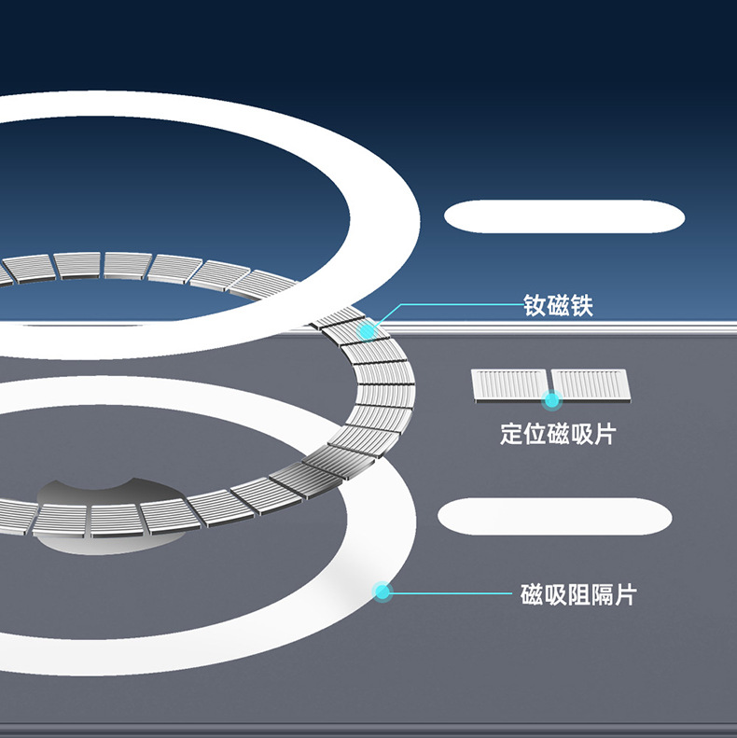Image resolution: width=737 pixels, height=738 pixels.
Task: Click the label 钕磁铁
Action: click(x=558, y=305)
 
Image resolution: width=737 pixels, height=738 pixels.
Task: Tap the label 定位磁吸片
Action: click(x=558, y=434)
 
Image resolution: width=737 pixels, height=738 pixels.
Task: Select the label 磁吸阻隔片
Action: click(x=578, y=594)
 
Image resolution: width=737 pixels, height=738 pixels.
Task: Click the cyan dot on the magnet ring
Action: click(x=367, y=331)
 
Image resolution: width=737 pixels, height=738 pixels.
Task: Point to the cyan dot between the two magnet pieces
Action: click(x=551, y=400)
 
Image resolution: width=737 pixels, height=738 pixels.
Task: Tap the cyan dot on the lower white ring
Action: click(x=382, y=592)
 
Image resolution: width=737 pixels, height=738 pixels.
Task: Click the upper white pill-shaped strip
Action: click(x=564, y=216)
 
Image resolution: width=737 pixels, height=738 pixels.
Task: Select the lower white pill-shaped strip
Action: click(x=555, y=516)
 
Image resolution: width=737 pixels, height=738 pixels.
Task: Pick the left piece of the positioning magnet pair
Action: click(x=510, y=386)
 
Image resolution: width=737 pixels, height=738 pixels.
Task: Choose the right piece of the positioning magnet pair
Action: click(x=591, y=385)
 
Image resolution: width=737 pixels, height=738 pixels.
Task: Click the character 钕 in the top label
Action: click(x=535, y=305)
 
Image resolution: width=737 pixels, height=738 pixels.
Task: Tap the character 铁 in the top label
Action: click(x=582, y=305)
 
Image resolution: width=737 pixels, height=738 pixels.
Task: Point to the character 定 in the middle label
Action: click(x=511, y=434)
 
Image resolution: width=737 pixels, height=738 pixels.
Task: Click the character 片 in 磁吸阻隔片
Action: click(x=625, y=594)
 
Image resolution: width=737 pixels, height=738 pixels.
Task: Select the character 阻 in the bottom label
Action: click(x=578, y=594)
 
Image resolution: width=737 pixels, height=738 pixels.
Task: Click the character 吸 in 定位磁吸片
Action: click(x=581, y=434)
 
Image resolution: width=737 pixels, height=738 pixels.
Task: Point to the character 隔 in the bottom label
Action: click(x=602, y=594)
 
